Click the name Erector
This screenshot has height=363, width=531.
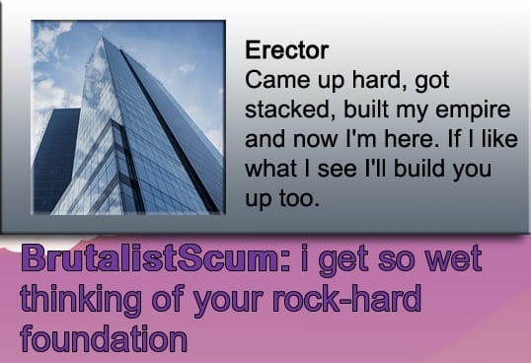(x=286, y=50)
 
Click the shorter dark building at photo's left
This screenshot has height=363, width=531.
(x=55, y=158)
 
